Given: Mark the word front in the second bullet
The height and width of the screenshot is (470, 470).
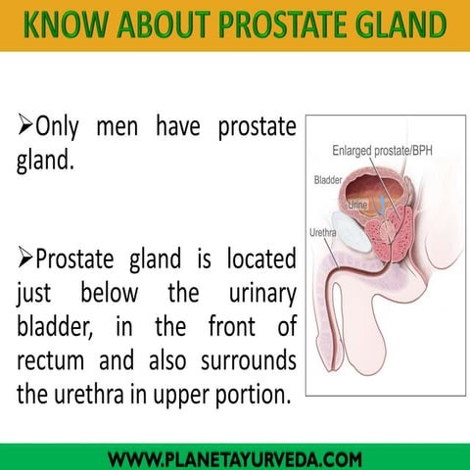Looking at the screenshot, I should pos(233,326).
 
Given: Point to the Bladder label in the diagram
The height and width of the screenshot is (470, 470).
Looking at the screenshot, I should pos(327,180).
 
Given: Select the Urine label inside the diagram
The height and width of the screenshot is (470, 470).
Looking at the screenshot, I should pos(358,205).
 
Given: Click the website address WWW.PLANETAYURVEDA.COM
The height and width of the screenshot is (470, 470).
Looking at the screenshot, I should pos(235,458).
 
